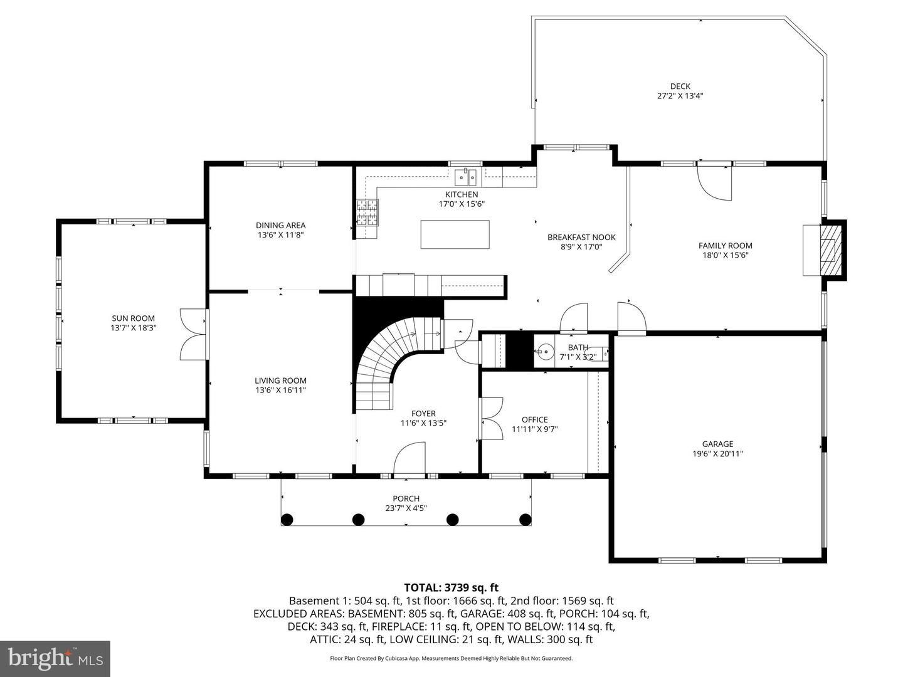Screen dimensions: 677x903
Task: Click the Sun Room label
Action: point(133,318)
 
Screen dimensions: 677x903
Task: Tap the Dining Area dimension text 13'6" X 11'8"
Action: point(280,235)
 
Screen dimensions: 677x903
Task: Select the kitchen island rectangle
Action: point(454,234)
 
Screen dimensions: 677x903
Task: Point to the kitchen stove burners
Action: point(367,212)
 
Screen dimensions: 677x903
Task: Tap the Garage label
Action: point(717,444)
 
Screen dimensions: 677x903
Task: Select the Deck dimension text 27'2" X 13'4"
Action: point(680,96)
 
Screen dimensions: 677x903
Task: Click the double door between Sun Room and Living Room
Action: point(193,333)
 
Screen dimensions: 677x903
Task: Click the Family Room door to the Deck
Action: point(715,182)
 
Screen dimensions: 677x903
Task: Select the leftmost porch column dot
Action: point(287,519)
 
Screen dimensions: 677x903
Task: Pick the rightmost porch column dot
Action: point(525,519)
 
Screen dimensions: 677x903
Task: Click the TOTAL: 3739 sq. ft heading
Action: point(451,587)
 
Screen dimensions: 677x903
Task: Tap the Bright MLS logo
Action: point(55,658)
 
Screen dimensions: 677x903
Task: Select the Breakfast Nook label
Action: point(581,237)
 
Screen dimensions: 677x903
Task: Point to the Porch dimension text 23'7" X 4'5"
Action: point(406,508)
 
